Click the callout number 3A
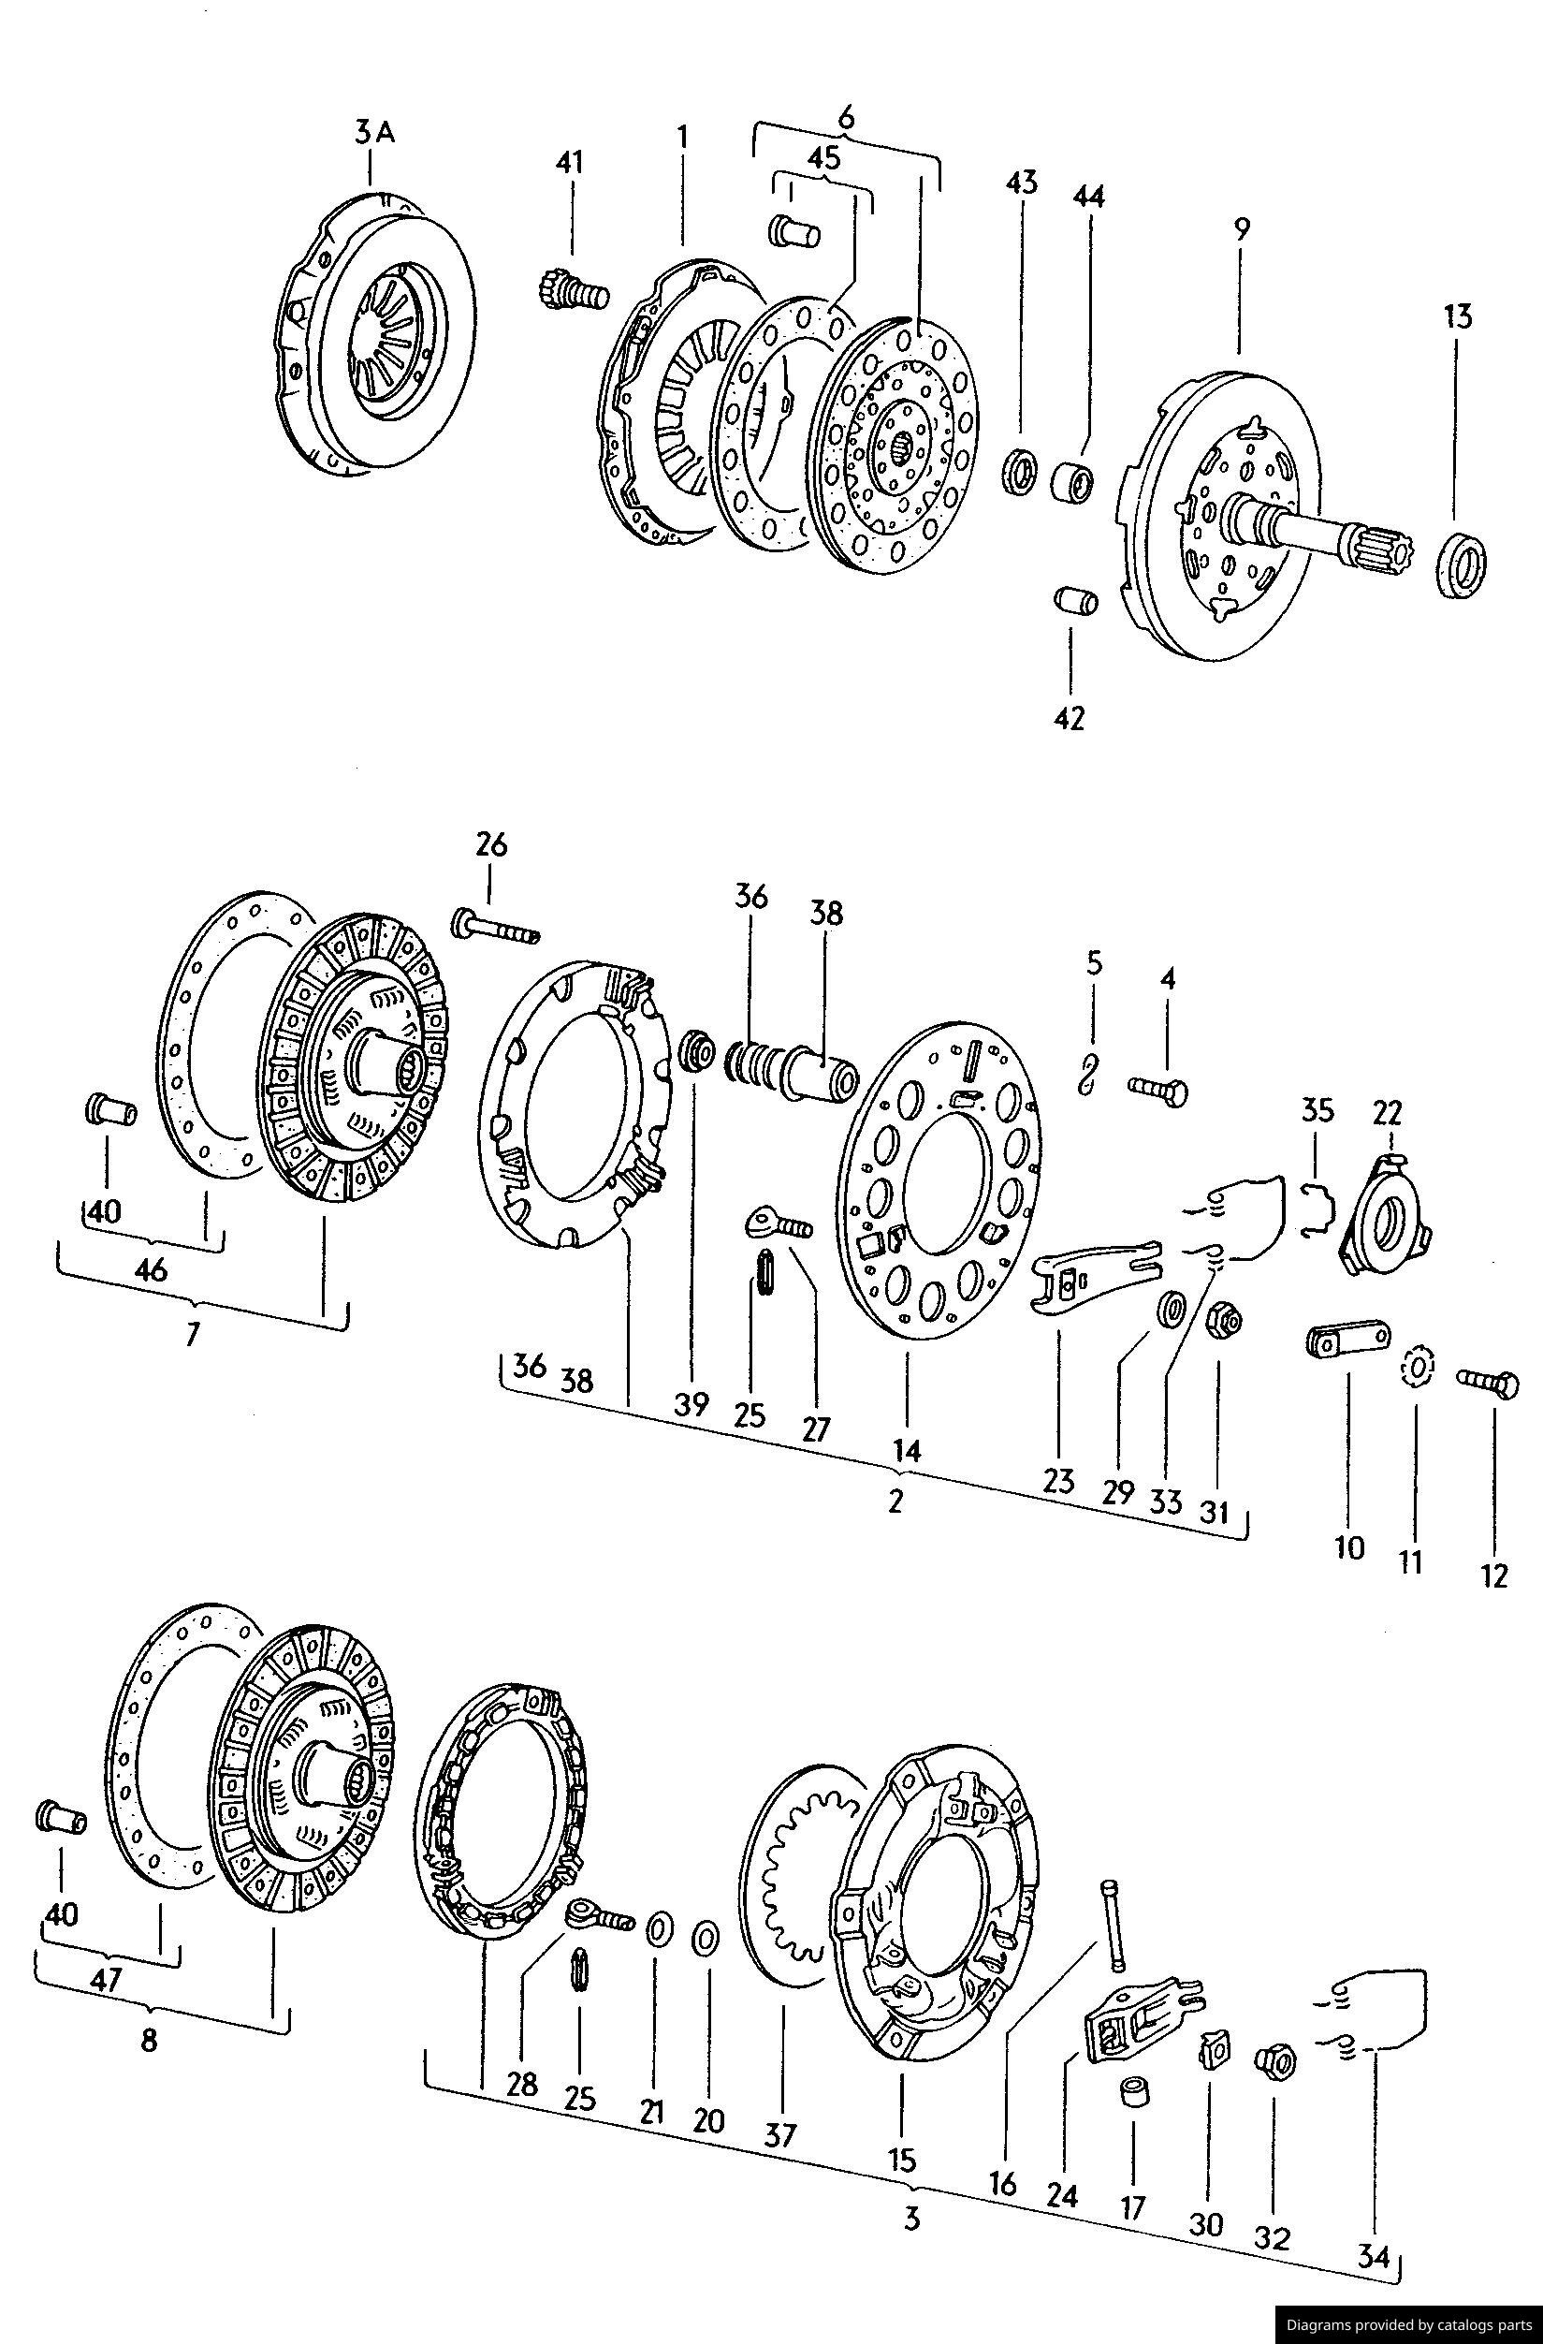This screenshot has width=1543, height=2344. click(374, 134)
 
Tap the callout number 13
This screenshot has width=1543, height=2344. click(1458, 317)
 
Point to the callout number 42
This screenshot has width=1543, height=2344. click(1069, 718)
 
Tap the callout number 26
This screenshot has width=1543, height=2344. click(491, 845)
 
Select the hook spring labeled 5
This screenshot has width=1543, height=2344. click(1089, 1072)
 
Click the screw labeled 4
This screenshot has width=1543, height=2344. click(1160, 1089)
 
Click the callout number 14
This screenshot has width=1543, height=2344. click(906, 1450)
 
